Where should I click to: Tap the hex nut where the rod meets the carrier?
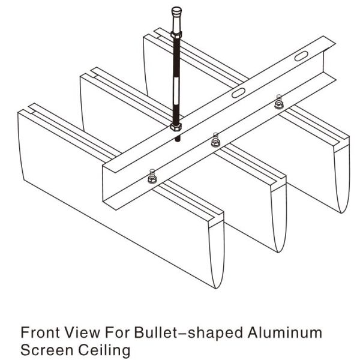[176, 127]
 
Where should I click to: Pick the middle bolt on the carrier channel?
[214, 141]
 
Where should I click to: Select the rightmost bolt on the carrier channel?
[277, 103]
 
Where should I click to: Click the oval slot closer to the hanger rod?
[238, 93]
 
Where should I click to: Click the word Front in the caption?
[38, 332]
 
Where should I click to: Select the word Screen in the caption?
[42, 349]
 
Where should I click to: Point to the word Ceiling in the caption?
[95, 349]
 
